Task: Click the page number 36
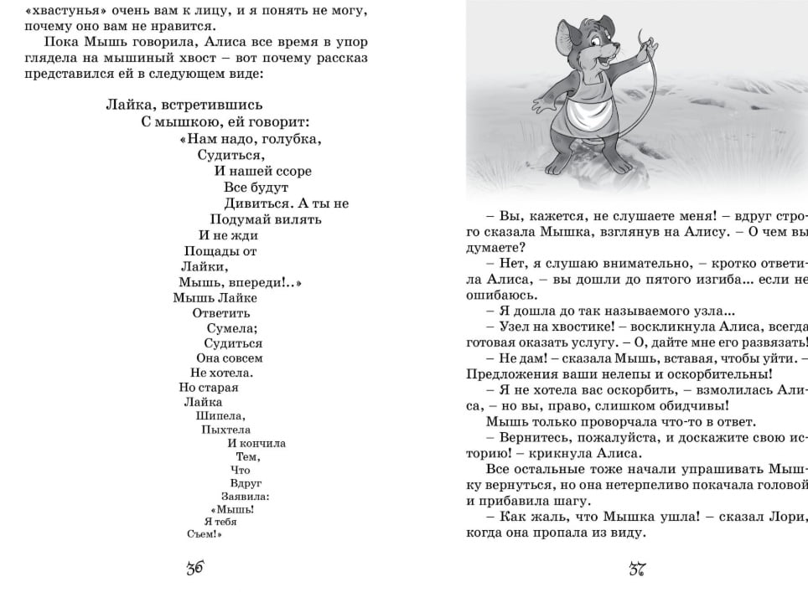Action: pos(195,569)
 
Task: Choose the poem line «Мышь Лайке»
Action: pos(215,297)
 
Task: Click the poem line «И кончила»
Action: pos(256,443)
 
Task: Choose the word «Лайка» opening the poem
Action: pos(127,105)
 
